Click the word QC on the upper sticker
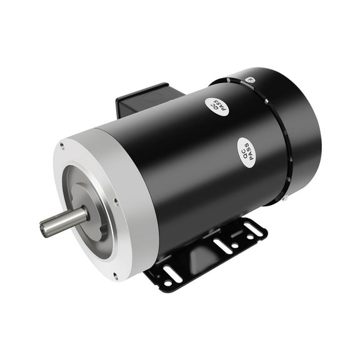(214, 104)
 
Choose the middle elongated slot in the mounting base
(222, 246)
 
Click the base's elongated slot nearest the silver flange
(173, 273)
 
